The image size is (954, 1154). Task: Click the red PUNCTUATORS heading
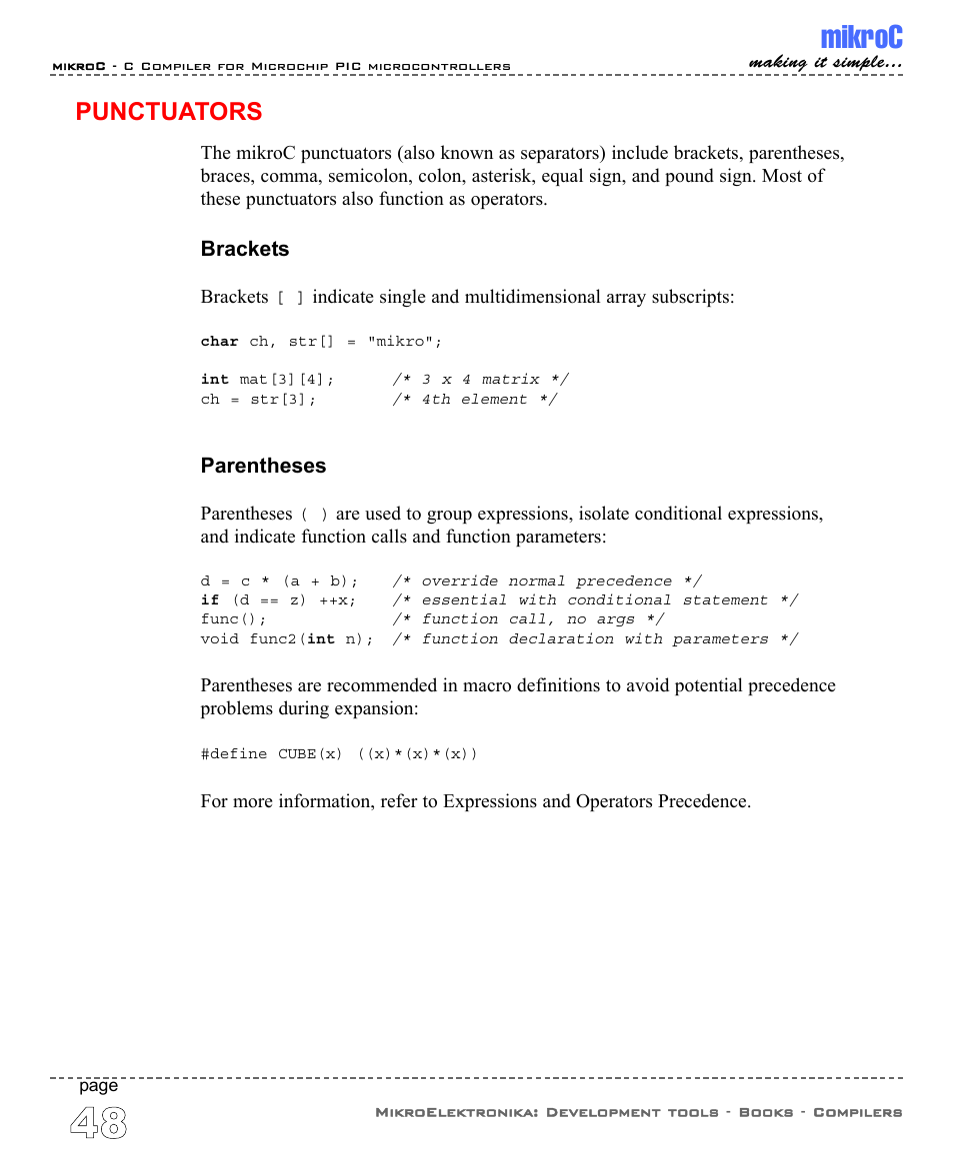tap(169, 111)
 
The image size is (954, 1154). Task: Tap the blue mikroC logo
tap(861, 38)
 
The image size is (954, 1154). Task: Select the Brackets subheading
tap(245, 249)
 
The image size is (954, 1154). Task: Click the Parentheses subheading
tap(263, 466)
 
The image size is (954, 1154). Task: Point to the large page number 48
tap(99, 1124)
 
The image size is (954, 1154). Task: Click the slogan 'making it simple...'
tap(826, 63)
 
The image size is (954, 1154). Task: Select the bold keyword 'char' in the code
tap(219, 342)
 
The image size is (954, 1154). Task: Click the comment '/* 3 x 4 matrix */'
tap(481, 380)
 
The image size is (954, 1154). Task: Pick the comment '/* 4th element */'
tap(474, 400)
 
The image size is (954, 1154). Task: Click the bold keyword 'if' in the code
tap(209, 600)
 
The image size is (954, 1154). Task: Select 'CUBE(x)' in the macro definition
tap(310, 753)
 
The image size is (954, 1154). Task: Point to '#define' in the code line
tap(234, 753)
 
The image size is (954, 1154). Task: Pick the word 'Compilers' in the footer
tap(857, 1112)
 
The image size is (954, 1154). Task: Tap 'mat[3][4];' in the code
tap(287, 380)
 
